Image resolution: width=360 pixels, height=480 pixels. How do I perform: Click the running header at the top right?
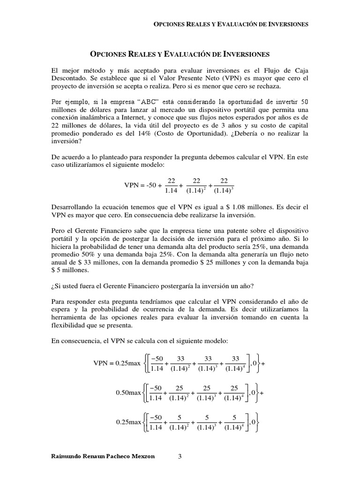(231, 24)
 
